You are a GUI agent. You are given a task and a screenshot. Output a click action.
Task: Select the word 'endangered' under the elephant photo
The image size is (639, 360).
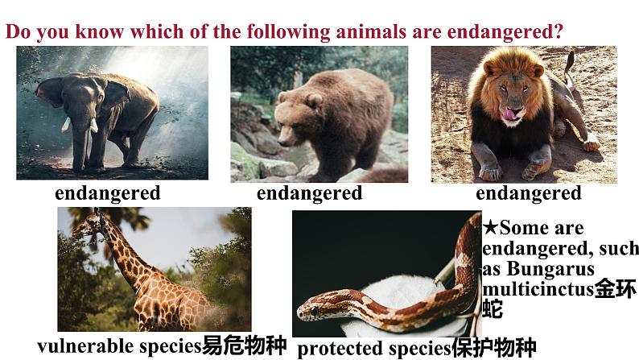(x=107, y=193)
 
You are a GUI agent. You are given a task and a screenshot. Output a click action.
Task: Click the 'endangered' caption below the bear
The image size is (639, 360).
(x=309, y=193)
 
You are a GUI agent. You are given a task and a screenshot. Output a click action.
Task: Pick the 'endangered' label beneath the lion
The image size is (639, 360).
(x=528, y=193)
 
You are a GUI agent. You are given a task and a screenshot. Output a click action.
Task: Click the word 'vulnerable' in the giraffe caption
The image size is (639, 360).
(x=76, y=346)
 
